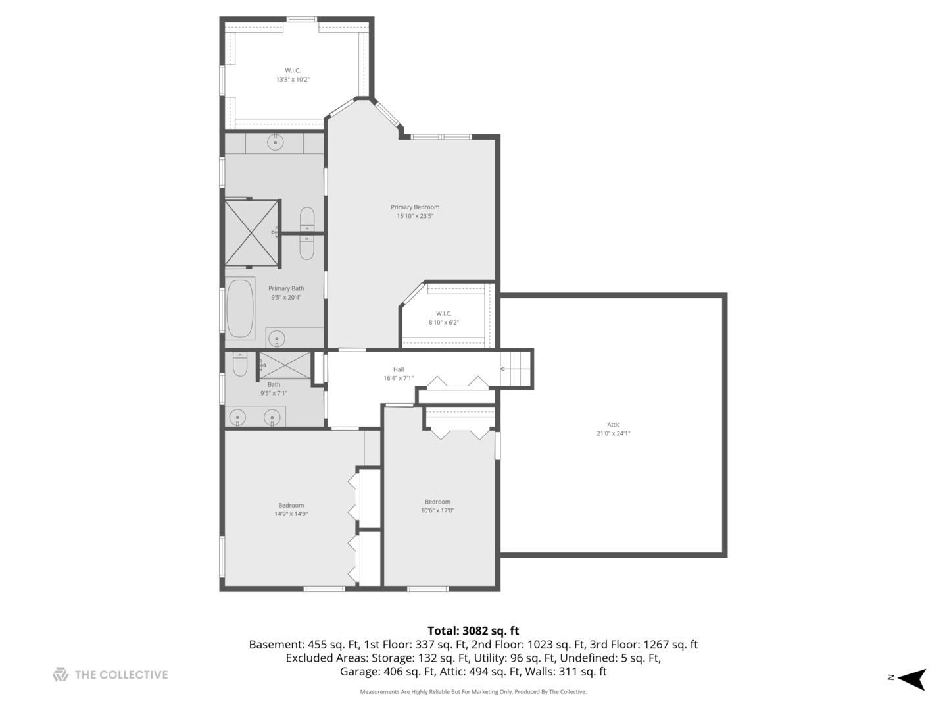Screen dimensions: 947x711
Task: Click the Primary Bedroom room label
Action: click(x=414, y=207)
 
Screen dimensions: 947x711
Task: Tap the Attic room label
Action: click(x=613, y=425)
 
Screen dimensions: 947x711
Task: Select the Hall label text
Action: click(x=399, y=369)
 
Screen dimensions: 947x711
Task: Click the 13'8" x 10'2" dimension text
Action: click(x=293, y=80)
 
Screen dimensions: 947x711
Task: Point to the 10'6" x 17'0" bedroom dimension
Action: click(x=437, y=510)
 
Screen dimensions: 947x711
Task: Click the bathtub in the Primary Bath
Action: click(x=240, y=308)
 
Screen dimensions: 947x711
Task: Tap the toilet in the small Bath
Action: click(x=239, y=364)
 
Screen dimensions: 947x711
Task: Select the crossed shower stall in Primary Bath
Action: click(x=251, y=233)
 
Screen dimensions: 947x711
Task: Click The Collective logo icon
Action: click(x=61, y=674)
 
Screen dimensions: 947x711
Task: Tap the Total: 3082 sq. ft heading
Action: click(x=473, y=631)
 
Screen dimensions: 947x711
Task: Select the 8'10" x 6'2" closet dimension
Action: click(x=443, y=323)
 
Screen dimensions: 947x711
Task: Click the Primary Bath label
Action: click(x=286, y=288)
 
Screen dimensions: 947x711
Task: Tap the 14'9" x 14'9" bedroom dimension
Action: click(x=291, y=513)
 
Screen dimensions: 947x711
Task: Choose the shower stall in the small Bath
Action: click(x=284, y=365)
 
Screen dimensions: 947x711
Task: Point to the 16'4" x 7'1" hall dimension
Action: click(x=399, y=378)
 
